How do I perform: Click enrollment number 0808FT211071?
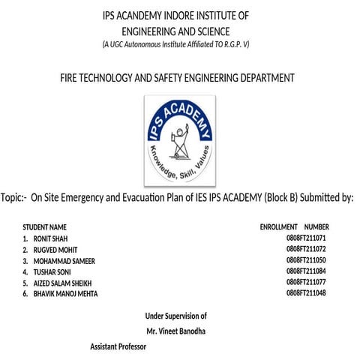click(x=306, y=238)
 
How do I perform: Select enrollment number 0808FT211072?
click(x=306, y=249)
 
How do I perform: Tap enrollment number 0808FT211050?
click(x=306, y=260)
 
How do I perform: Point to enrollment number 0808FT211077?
click(x=306, y=283)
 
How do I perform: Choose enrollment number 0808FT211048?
click(x=306, y=294)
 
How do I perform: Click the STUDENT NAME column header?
click(x=45, y=226)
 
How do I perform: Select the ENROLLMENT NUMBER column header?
click(x=294, y=226)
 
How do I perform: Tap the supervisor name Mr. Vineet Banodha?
click(x=175, y=331)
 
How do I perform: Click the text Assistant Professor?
click(x=118, y=347)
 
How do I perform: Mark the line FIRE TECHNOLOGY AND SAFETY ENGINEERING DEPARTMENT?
click(x=177, y=77)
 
